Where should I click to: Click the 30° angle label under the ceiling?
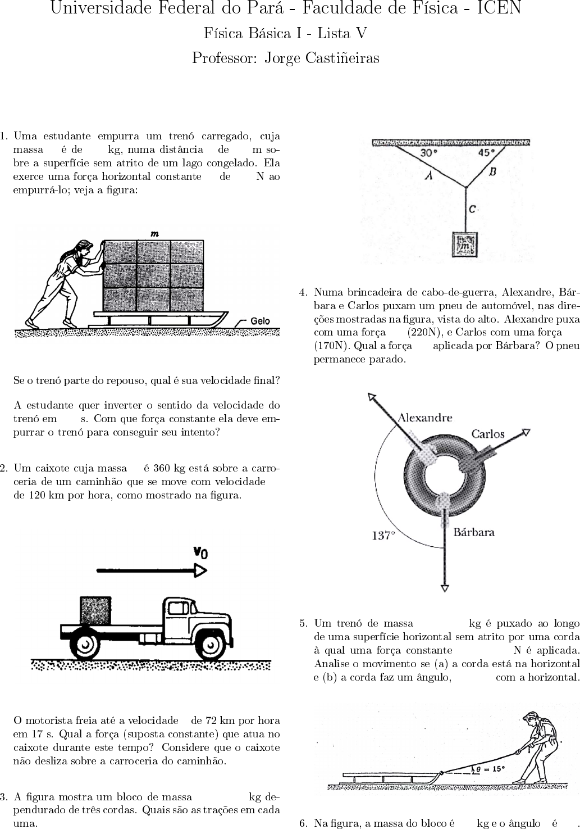pos(429,152)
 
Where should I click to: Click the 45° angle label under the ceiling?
pos(487,152)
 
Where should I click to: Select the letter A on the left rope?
pos(429,175)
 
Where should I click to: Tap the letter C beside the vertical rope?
pos(473,209)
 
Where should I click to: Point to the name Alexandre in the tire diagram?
pos(424,418)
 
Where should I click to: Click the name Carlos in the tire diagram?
pos(487,434)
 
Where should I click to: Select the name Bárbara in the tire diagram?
pos(474,532)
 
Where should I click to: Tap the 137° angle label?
pos(383,536)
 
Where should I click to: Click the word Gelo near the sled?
pos(260,321)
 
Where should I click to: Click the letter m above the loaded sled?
pos(154,233)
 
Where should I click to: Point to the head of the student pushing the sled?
pos(84,247)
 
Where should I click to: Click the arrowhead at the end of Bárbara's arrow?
pos(445,588)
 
